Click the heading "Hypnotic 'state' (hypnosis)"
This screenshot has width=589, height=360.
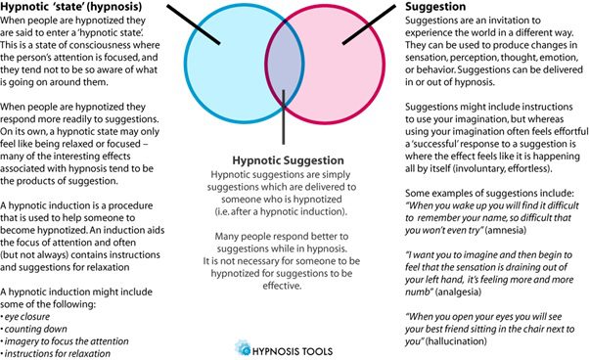pyautogui.click(x=71, y=7)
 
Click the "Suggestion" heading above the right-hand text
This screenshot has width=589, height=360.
pyautogui.click(x=435, y=7)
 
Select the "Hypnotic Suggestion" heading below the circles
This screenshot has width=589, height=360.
pyautogui.click(x=288, y=160)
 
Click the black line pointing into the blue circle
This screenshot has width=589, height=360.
pyautogui.click(x=194, y=24)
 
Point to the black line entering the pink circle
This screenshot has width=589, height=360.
pyautogui.click(x=369, y=24)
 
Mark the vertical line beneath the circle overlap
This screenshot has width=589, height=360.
pyautogui.click(x=284, y=117)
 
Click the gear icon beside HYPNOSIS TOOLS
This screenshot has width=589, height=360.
pyautogui.click(x=243, y=348)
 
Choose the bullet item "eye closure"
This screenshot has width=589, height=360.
pyautogui.click(x=25, y=317)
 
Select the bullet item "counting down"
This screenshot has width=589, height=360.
pyautogui.click(x=34, y=330)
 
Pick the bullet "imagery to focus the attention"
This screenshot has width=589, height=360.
pyautogui.click(x=65, y=341)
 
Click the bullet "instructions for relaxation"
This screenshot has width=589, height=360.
pyautogui.click(x=56, y=353)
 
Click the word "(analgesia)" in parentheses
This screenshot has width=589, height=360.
pyautogui.click(x=458, y=292)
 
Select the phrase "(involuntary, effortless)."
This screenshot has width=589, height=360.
pyautogui.click(x=503, y=168)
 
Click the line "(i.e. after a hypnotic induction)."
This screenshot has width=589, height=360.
pyautogui.click(x=281, y=211)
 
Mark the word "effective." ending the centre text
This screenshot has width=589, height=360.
pyautogui.click(x=282, y=286)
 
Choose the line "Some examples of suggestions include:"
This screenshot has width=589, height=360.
pyautogui.click(x=489, y=194)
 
